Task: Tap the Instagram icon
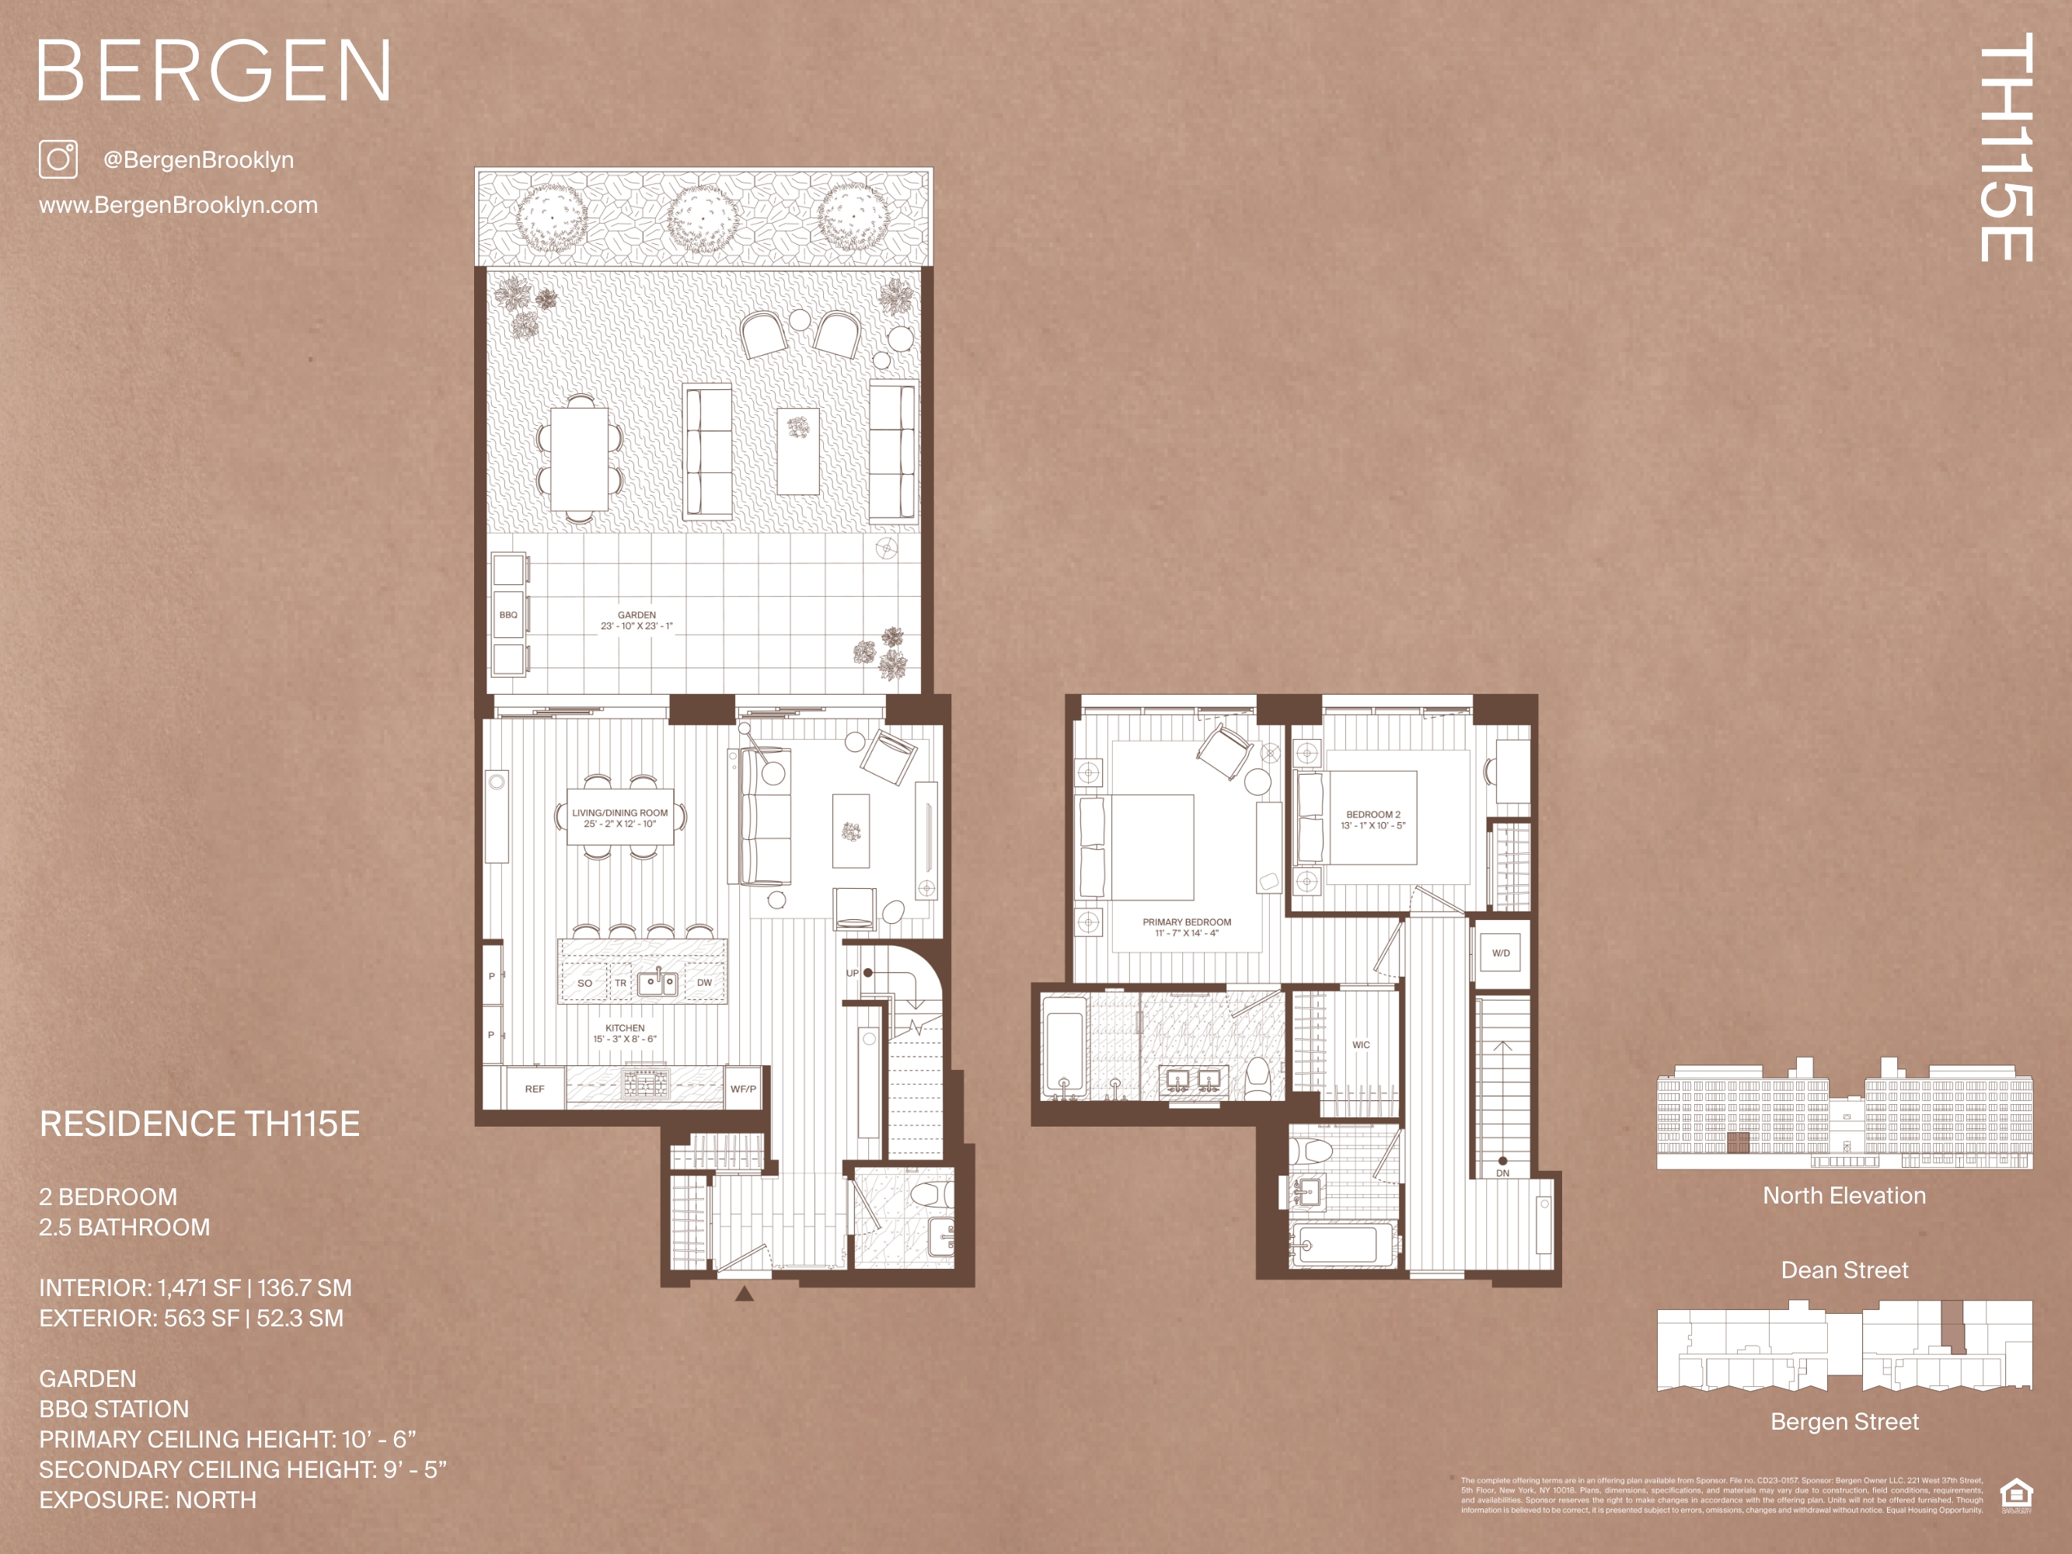[x=58, y=159]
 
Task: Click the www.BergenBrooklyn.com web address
[x=178, y=205]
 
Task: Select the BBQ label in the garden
[x=508, y=615]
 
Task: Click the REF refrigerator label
[x=535, y=1089]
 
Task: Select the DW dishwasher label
[x=704, y=983]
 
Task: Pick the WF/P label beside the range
[x=743, y=1089]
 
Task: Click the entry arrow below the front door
[x=745, y=1294]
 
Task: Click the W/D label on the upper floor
[x=1501, y=953]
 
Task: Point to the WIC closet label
[x=1361, y=1044]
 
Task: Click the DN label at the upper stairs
[x=1502, y=1172]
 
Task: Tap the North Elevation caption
[x=1844, y=1196]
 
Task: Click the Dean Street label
[x=1844, y=1270]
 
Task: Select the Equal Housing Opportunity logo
[x=2016, y=1494]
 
